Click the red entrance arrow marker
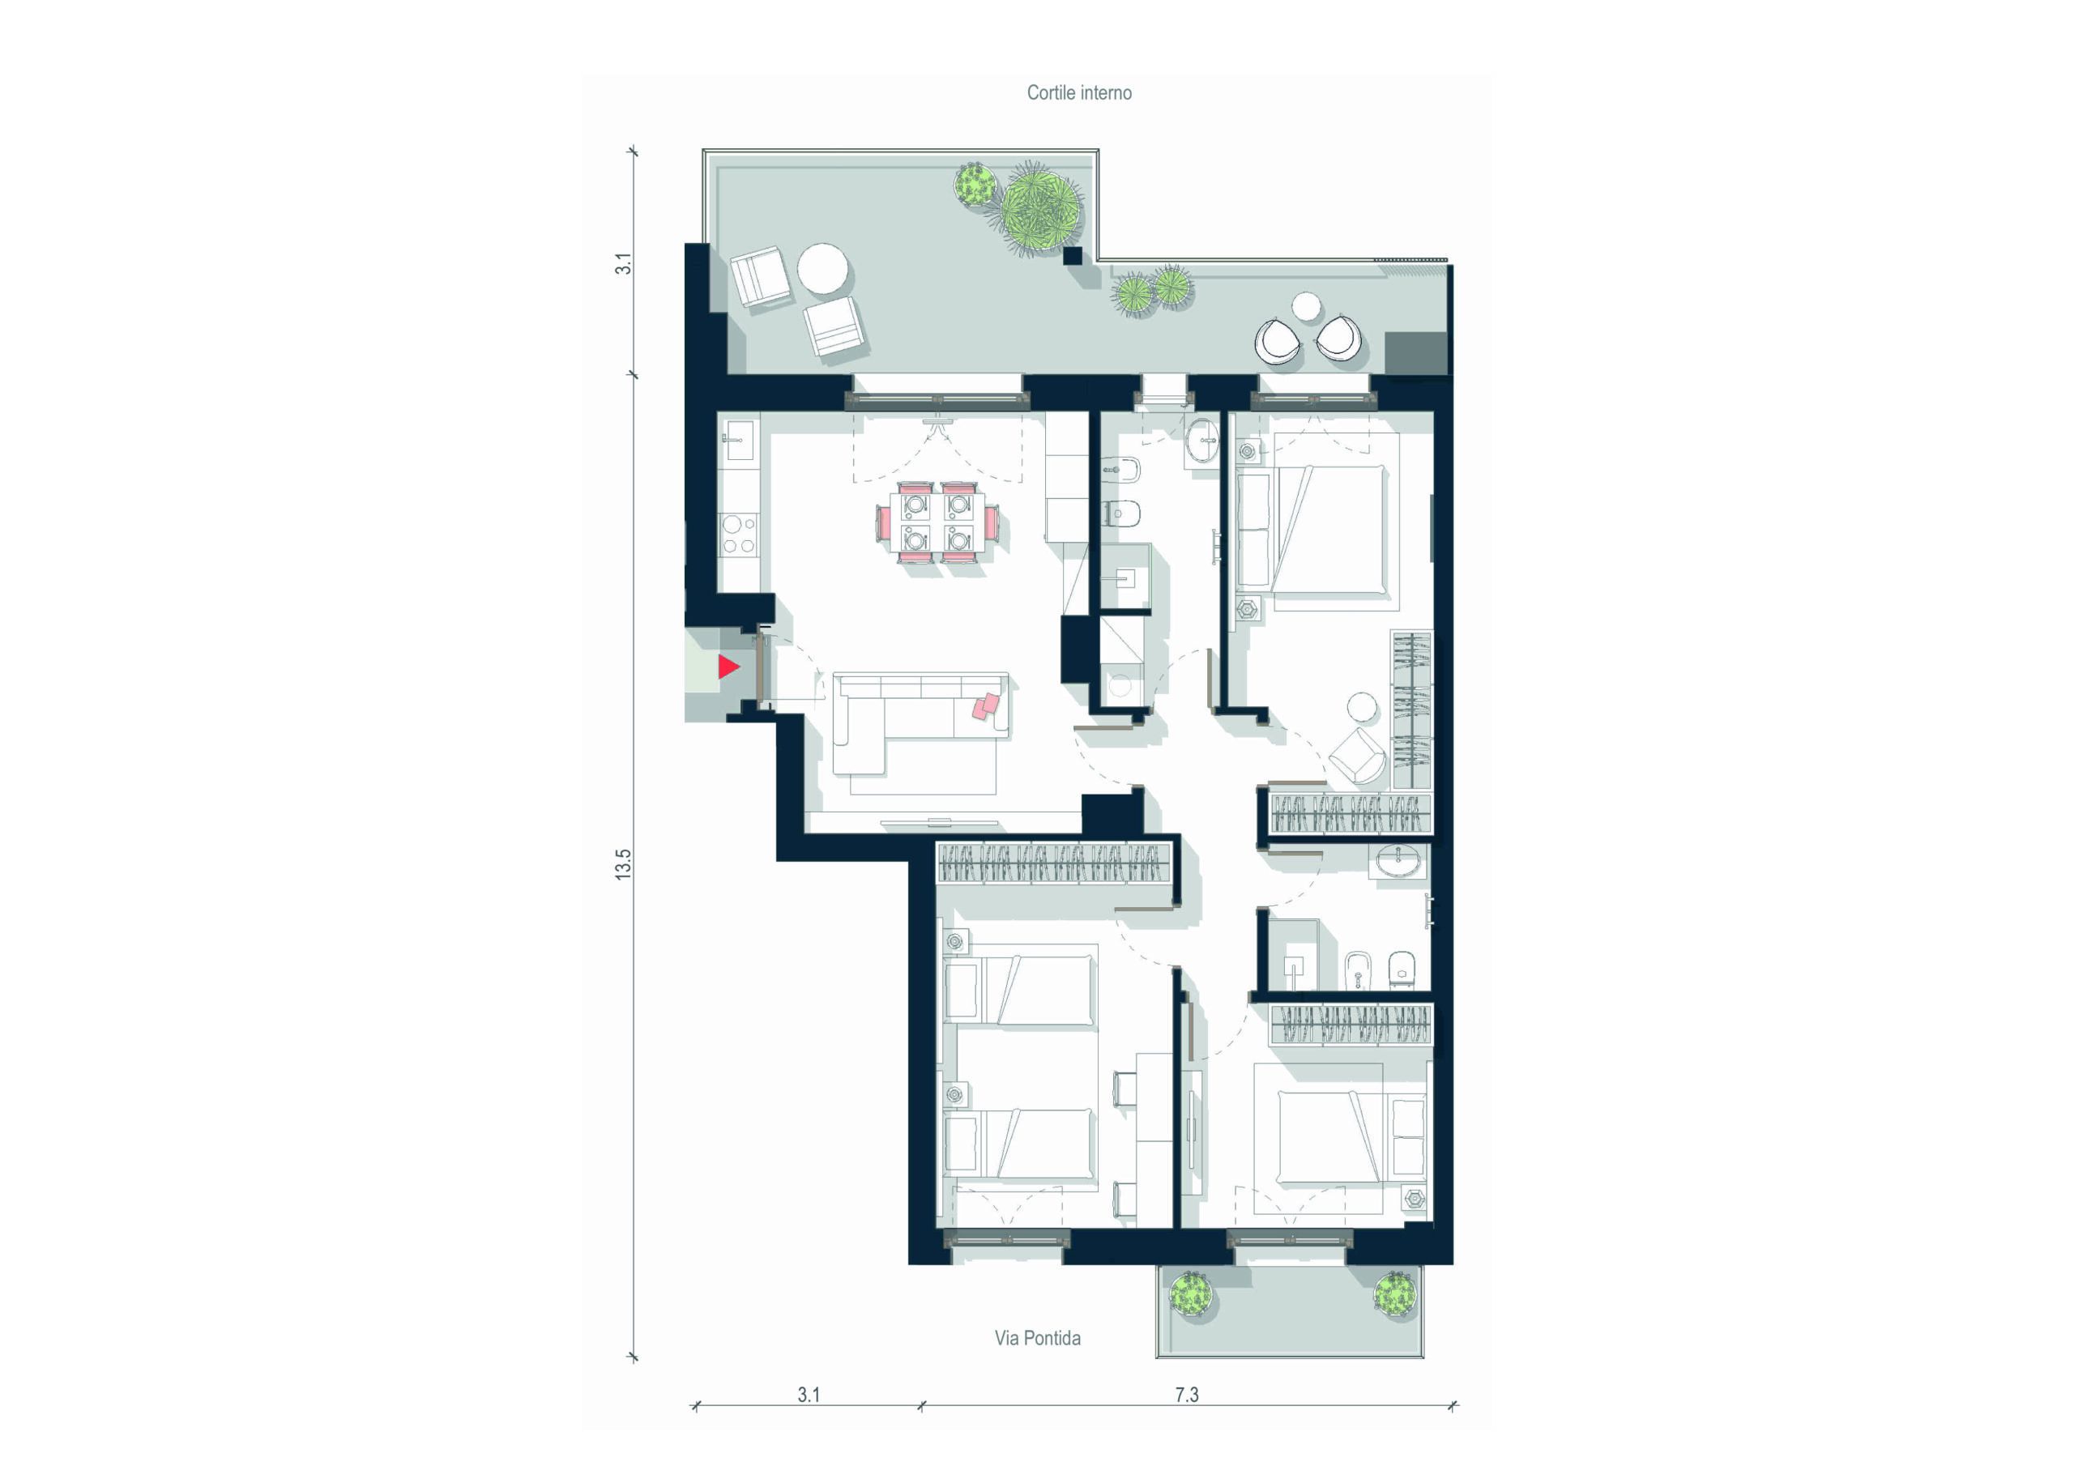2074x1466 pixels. pos(728,667)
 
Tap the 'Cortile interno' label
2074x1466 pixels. pos(1078,93)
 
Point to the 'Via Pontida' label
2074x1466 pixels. pos(1037,1338)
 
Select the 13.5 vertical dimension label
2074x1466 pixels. pos(623,864)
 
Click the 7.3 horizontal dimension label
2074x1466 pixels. pos(1186,1395)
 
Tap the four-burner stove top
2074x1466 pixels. pos(739,534)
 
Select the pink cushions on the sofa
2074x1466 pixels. pos(987,705)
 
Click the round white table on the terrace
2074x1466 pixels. pos(823,268)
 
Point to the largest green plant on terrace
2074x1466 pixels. pos(1039,209)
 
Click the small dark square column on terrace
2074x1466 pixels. pos(1072,256)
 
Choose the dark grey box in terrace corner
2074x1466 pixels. pos(1415,352)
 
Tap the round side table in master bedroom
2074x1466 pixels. pos(1361,707)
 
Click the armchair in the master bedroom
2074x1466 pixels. pos(1357,755)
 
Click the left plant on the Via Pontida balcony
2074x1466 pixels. pos(1191,1294)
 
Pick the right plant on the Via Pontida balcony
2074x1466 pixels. pos(1395,1293)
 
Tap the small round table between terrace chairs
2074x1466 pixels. pos(1306,306)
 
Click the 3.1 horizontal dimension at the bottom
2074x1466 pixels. pos(809,1395)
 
